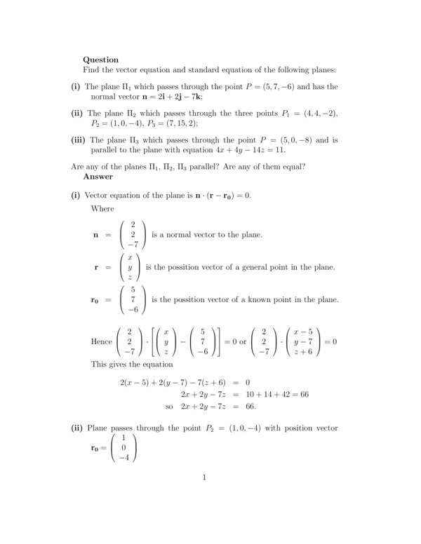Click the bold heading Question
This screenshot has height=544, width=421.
click(x=100, y=60)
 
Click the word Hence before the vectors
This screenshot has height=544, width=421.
click(x=101, y=341)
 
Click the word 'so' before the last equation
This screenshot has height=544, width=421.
click(x=169, y=406)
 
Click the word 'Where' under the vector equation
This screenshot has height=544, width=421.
click(x=102, y=208)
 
